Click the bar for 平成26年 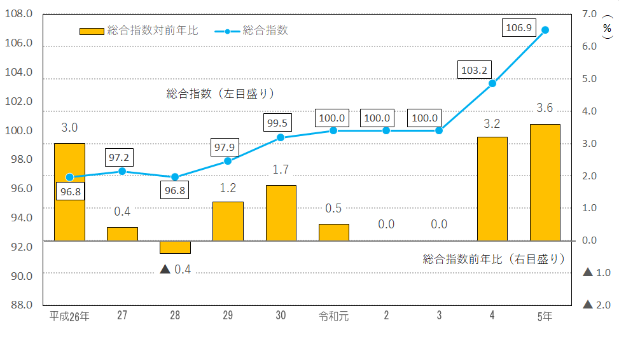pyautogui.click(x=69, y=192)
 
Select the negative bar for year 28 pyautogui.click(x=175, y=247)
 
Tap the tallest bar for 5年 pyautogui.click(x=545, y=183)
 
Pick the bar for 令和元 pyautogui.click(x=333, y=233)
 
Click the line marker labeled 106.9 pyautogui.click(x=545, y=30)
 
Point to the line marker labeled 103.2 pyautogui.click(x=492, y=83)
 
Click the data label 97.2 pyautogui.click(x=122, y=156)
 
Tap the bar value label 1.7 pyautogui.click(x=281, y=170)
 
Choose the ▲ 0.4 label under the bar pyautogui.click(x=175, y=269)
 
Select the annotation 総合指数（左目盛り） pyautogui.click(x=220, y=93)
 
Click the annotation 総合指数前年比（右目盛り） pyautogui.click(x=494, y=259)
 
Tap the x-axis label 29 pyautogui.click(x=228, y=316)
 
